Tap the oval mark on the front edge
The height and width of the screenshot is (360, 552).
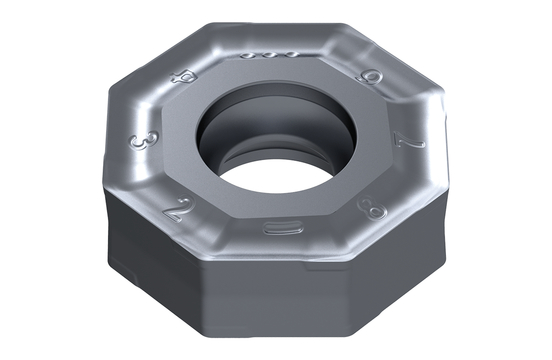[x=278, y=228]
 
